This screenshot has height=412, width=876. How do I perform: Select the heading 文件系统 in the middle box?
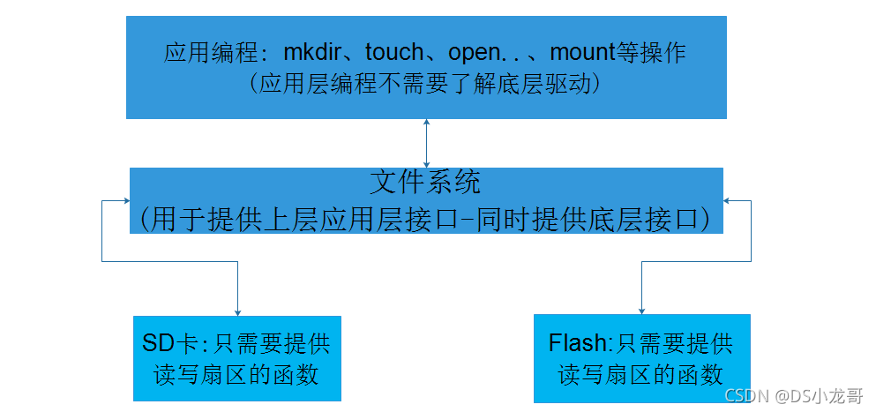425,184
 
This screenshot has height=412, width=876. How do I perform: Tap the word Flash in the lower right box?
578,342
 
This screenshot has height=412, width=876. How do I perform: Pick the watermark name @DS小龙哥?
820,396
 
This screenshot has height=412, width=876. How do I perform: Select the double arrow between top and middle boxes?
427,143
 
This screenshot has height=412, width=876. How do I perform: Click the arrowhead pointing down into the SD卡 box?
237,311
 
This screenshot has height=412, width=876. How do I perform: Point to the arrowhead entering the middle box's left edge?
125,200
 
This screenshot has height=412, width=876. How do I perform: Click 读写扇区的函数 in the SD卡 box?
236,373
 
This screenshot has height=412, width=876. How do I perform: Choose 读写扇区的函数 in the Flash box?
641,373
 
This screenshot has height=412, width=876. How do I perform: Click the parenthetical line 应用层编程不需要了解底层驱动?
425,84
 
